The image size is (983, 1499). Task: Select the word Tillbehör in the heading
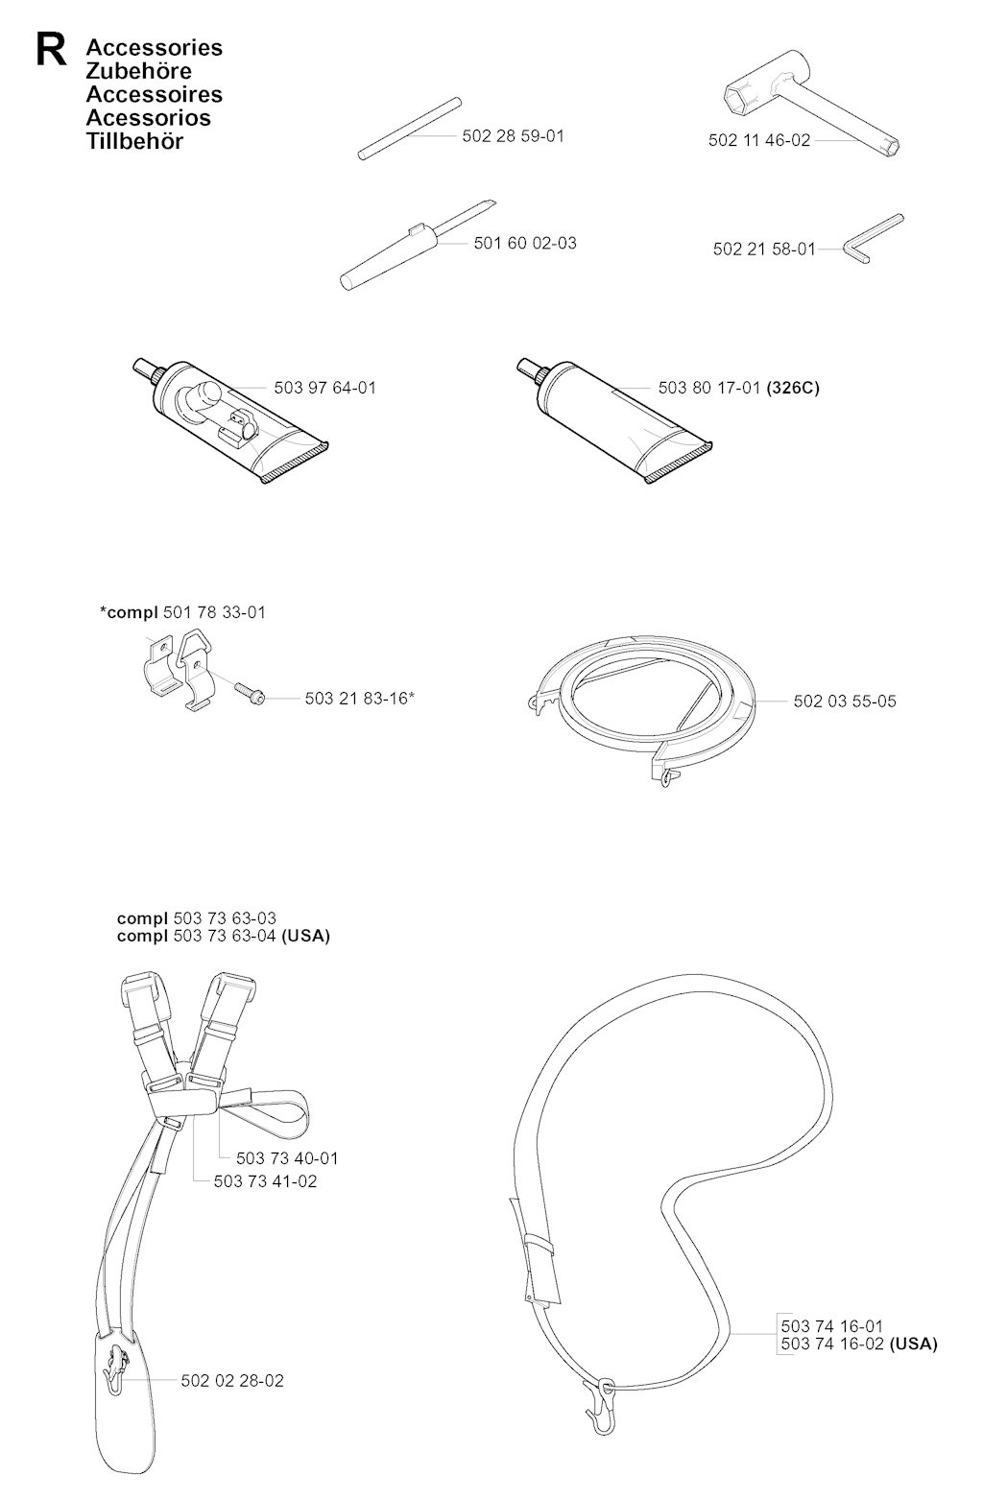[134, 141]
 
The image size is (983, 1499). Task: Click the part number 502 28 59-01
[513, 136]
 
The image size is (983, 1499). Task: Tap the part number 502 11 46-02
[759, 140]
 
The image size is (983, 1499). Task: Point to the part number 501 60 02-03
[525, 243]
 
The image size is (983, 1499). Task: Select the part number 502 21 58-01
[764, 249]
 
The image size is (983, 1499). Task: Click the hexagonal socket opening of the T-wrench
[740, 102]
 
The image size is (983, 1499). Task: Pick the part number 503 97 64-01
[324, 388]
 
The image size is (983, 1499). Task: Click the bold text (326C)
[793, 388]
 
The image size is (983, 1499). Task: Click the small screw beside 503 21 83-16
[249, 692]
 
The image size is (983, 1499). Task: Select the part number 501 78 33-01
[214, 612]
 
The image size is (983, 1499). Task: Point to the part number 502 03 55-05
[845, 702]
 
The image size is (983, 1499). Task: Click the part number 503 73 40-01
[287, 1158]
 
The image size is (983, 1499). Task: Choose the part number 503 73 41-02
[265, 1181]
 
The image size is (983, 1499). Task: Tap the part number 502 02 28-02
[232, 1381]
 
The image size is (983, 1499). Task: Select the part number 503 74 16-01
[832, 1325]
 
